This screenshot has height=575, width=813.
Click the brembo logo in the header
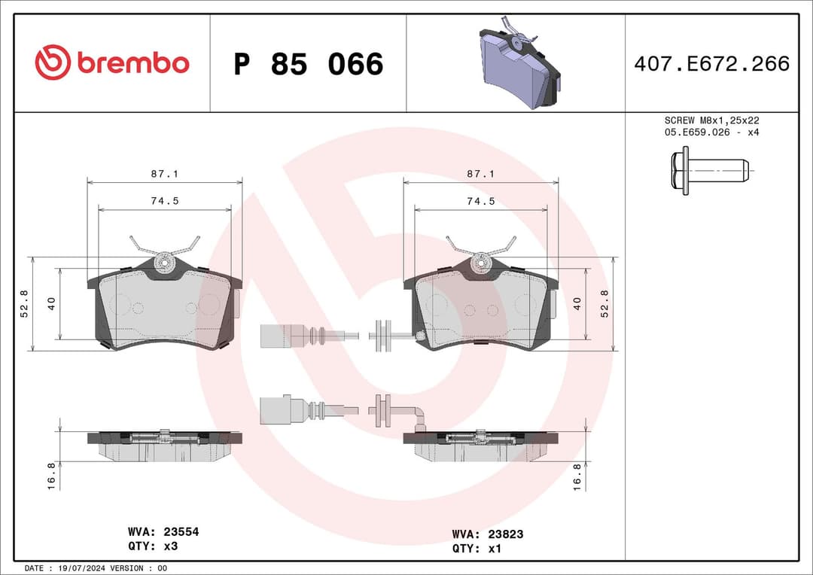coord(112,63)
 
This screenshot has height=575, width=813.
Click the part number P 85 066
coord(308,65)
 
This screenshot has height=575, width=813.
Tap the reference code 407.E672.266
coord(711,64)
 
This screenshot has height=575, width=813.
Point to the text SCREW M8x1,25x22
coord(711,120)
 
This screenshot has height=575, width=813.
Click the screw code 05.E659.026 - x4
coord(711,132)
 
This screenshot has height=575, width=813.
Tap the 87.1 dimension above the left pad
coord(164,174)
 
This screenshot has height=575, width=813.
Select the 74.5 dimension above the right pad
coord(480,201)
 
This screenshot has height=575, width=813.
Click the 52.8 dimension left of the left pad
coord(24,303)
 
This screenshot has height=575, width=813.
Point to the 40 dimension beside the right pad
coord(577,303)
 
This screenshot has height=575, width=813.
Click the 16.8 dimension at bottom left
coord(51,476)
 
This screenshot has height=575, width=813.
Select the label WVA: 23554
coord(163,531)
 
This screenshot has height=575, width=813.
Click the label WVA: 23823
coord(487,534)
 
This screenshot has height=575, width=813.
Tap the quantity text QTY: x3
coord(153,546)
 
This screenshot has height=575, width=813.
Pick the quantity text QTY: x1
coord(477,549)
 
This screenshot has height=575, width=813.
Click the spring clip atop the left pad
coord(164,248)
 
